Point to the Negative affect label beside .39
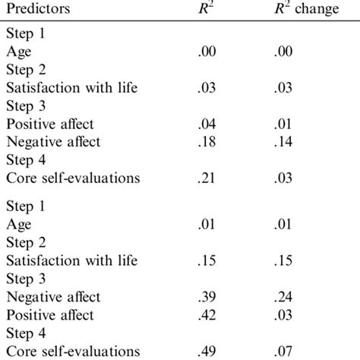53,297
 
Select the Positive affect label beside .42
50,315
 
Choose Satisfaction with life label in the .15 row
71,261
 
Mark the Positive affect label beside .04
50,124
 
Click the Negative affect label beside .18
53,142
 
